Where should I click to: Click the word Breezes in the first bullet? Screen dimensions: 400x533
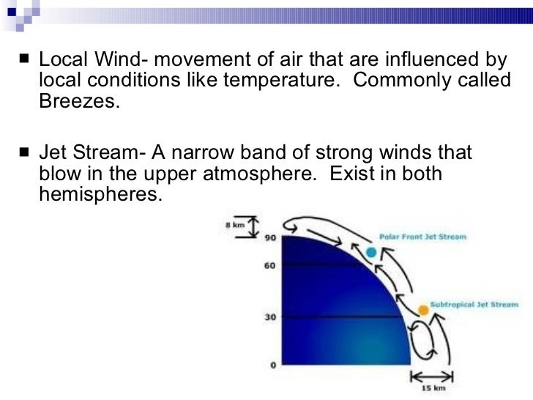coord(77,101)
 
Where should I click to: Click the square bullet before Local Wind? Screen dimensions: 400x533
coord(26,58)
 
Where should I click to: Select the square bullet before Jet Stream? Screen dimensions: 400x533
coord(26,153)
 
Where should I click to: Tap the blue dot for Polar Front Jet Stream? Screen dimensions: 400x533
coord(371,252)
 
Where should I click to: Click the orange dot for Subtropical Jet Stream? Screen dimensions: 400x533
coord(422,310)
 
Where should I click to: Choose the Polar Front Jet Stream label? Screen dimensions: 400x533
coord(422,237)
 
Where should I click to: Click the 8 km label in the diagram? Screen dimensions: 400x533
coord(234,224)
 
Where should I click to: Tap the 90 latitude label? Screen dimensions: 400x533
coord(269,237)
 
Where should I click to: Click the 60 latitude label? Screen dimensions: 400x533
coord(269,265)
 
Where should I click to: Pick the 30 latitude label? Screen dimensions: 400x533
coord(269,317)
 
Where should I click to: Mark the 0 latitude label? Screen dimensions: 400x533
coord(272,365)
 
